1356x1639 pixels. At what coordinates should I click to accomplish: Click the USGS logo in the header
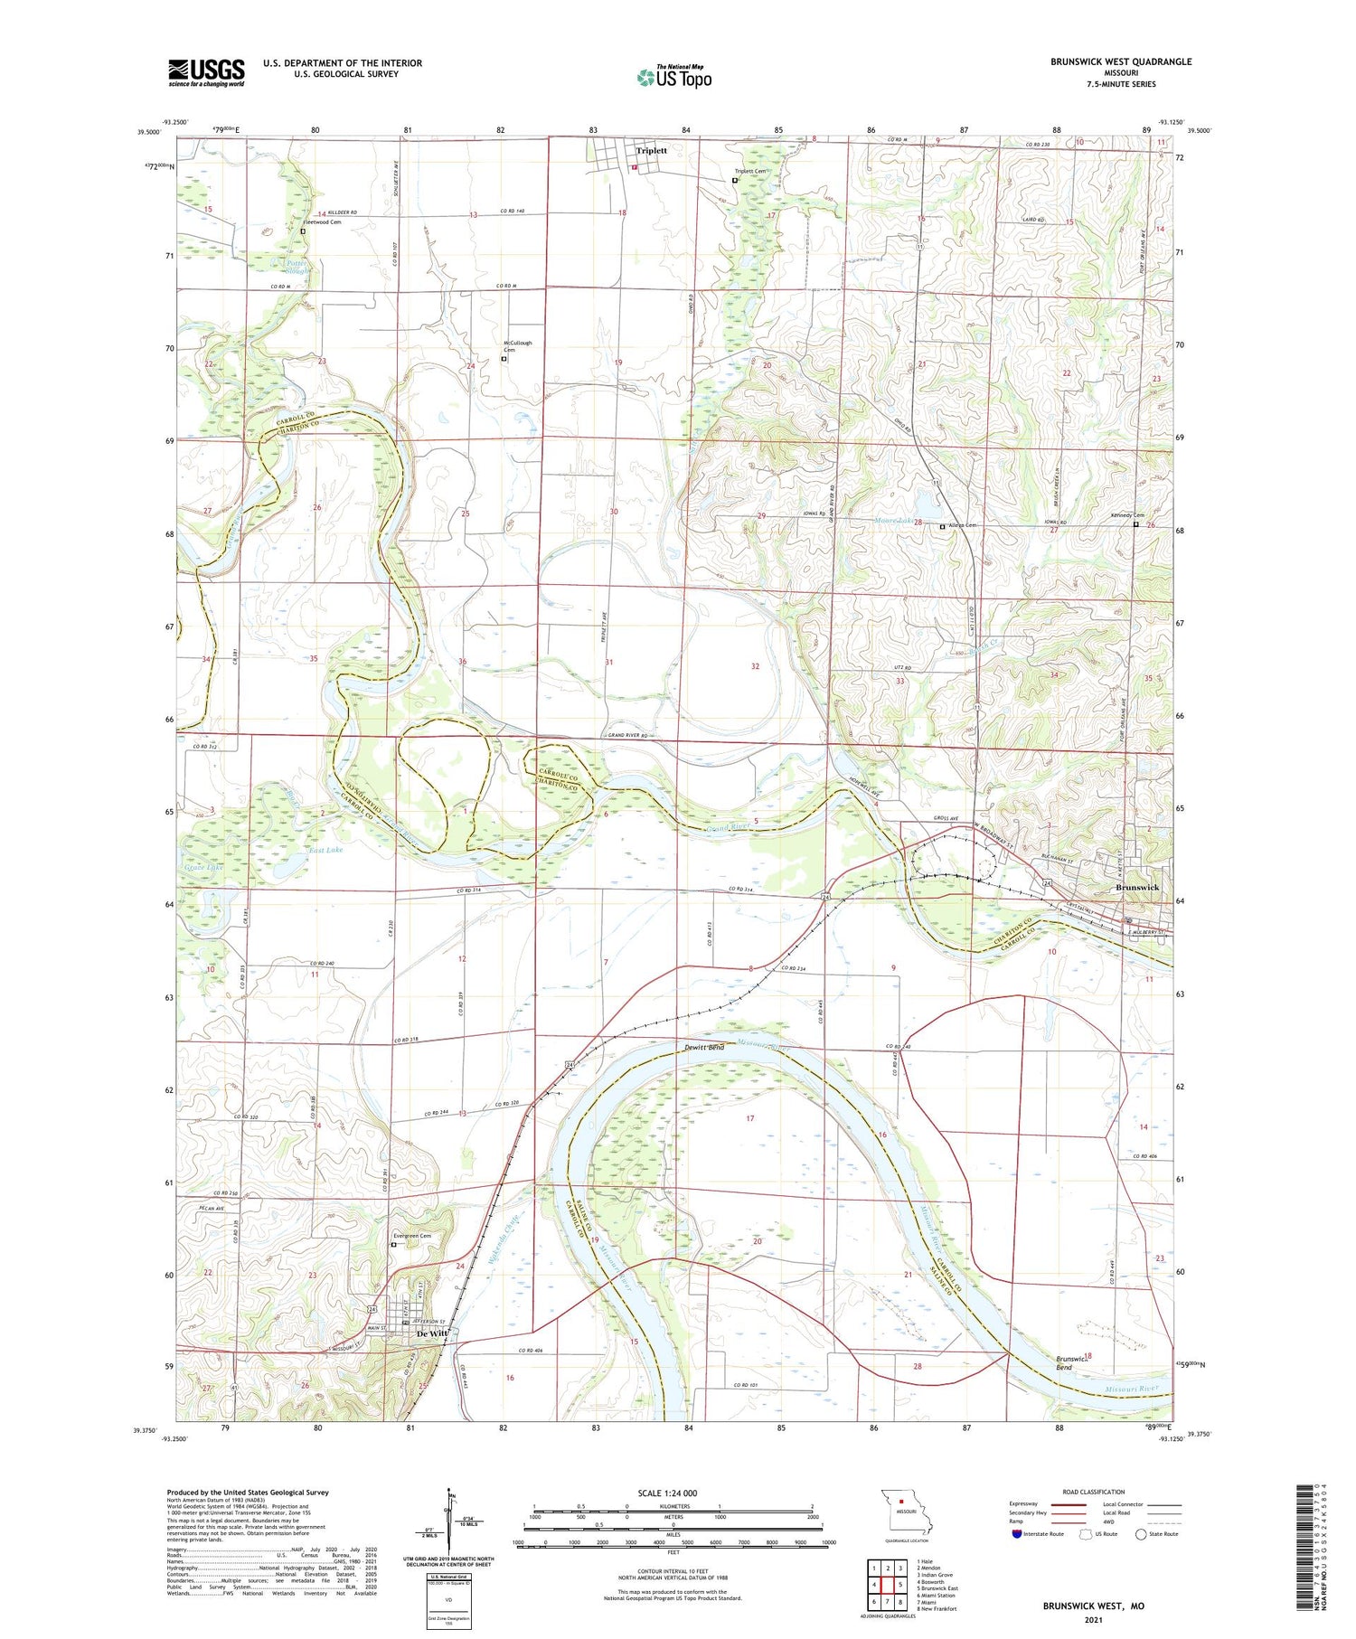point(206,72)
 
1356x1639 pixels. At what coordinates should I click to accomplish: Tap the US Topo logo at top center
point(673,77)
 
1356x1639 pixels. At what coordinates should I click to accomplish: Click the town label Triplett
point(651,151)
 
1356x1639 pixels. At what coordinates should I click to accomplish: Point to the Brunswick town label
point(1137,888)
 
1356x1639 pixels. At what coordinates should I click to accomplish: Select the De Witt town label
point(432,1333)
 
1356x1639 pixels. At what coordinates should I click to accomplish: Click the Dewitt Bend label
point(703,1048)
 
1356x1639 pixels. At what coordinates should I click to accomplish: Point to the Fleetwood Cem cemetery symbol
point(303,231)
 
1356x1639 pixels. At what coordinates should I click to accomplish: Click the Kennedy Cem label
point(1126,515)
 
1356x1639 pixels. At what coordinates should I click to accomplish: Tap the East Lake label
point(325,850)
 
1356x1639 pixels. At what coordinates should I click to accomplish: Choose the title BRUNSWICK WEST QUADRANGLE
point(1120,61)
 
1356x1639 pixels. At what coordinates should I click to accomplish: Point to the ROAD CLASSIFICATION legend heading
point(1093,1492)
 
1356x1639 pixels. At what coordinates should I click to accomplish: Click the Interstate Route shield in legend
point(1017,1534)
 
